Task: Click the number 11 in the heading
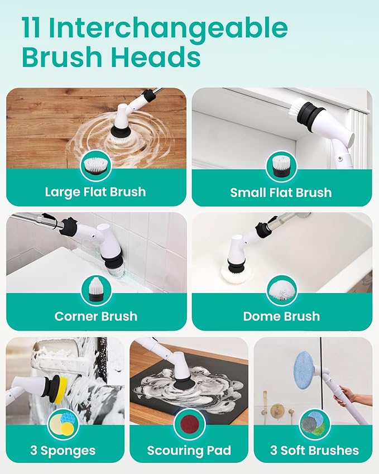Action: [31, 28]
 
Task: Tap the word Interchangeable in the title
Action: [168, 28]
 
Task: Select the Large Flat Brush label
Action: [95, 192]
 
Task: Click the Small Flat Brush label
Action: [281, 193]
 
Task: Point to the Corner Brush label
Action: [96, 316]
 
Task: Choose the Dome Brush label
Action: [282, 316]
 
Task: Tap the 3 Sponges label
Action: [63, 451]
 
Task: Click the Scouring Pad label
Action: [189, 451]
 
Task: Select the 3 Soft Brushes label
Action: [315, 451]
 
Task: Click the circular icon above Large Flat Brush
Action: [96, 166]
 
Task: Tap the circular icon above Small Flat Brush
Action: [282, 166]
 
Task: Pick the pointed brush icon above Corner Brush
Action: [96, 290]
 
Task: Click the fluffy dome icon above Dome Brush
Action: [282, 290]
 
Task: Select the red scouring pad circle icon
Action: [190, 424]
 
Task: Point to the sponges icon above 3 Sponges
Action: [63, 424]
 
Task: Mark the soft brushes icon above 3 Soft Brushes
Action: [315, 424]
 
